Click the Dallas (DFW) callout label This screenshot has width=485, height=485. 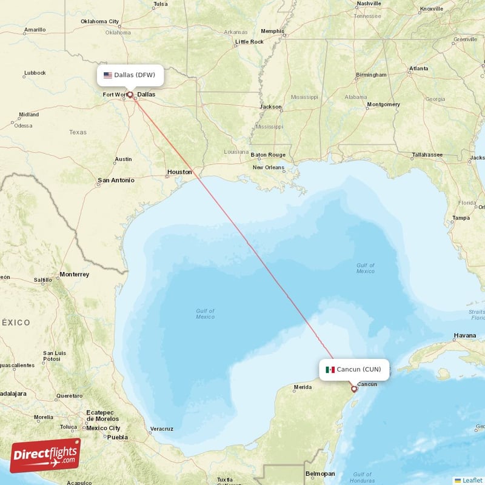tap(130, 75)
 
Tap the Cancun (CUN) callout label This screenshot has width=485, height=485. tap(354, 369)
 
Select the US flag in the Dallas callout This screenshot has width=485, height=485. tap(108, 75)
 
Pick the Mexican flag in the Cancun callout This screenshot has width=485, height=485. tap(330, 369)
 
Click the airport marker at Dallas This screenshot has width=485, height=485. tap(130, 95)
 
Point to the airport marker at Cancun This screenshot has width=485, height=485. tap(354, 389)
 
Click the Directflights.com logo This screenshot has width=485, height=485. tap(45, 455)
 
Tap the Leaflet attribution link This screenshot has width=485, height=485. tap(472, 480)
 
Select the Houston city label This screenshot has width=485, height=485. tap(179, 172)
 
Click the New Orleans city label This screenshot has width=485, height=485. tap(268, 167)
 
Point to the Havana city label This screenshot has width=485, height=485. tap(465, 335)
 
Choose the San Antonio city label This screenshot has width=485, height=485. tap(116, 180)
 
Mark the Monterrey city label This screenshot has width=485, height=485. tap(74, 275)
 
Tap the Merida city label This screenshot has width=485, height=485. tap(303, 387)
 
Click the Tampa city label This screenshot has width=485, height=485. tap(461, 218)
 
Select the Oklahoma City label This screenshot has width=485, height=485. tap(100, 22)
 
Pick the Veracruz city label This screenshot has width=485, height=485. tap(162, 429)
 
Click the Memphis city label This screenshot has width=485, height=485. tap(272, 31)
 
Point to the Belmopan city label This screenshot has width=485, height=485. tap(320, 473)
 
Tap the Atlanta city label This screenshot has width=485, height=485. tap(418, 69)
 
